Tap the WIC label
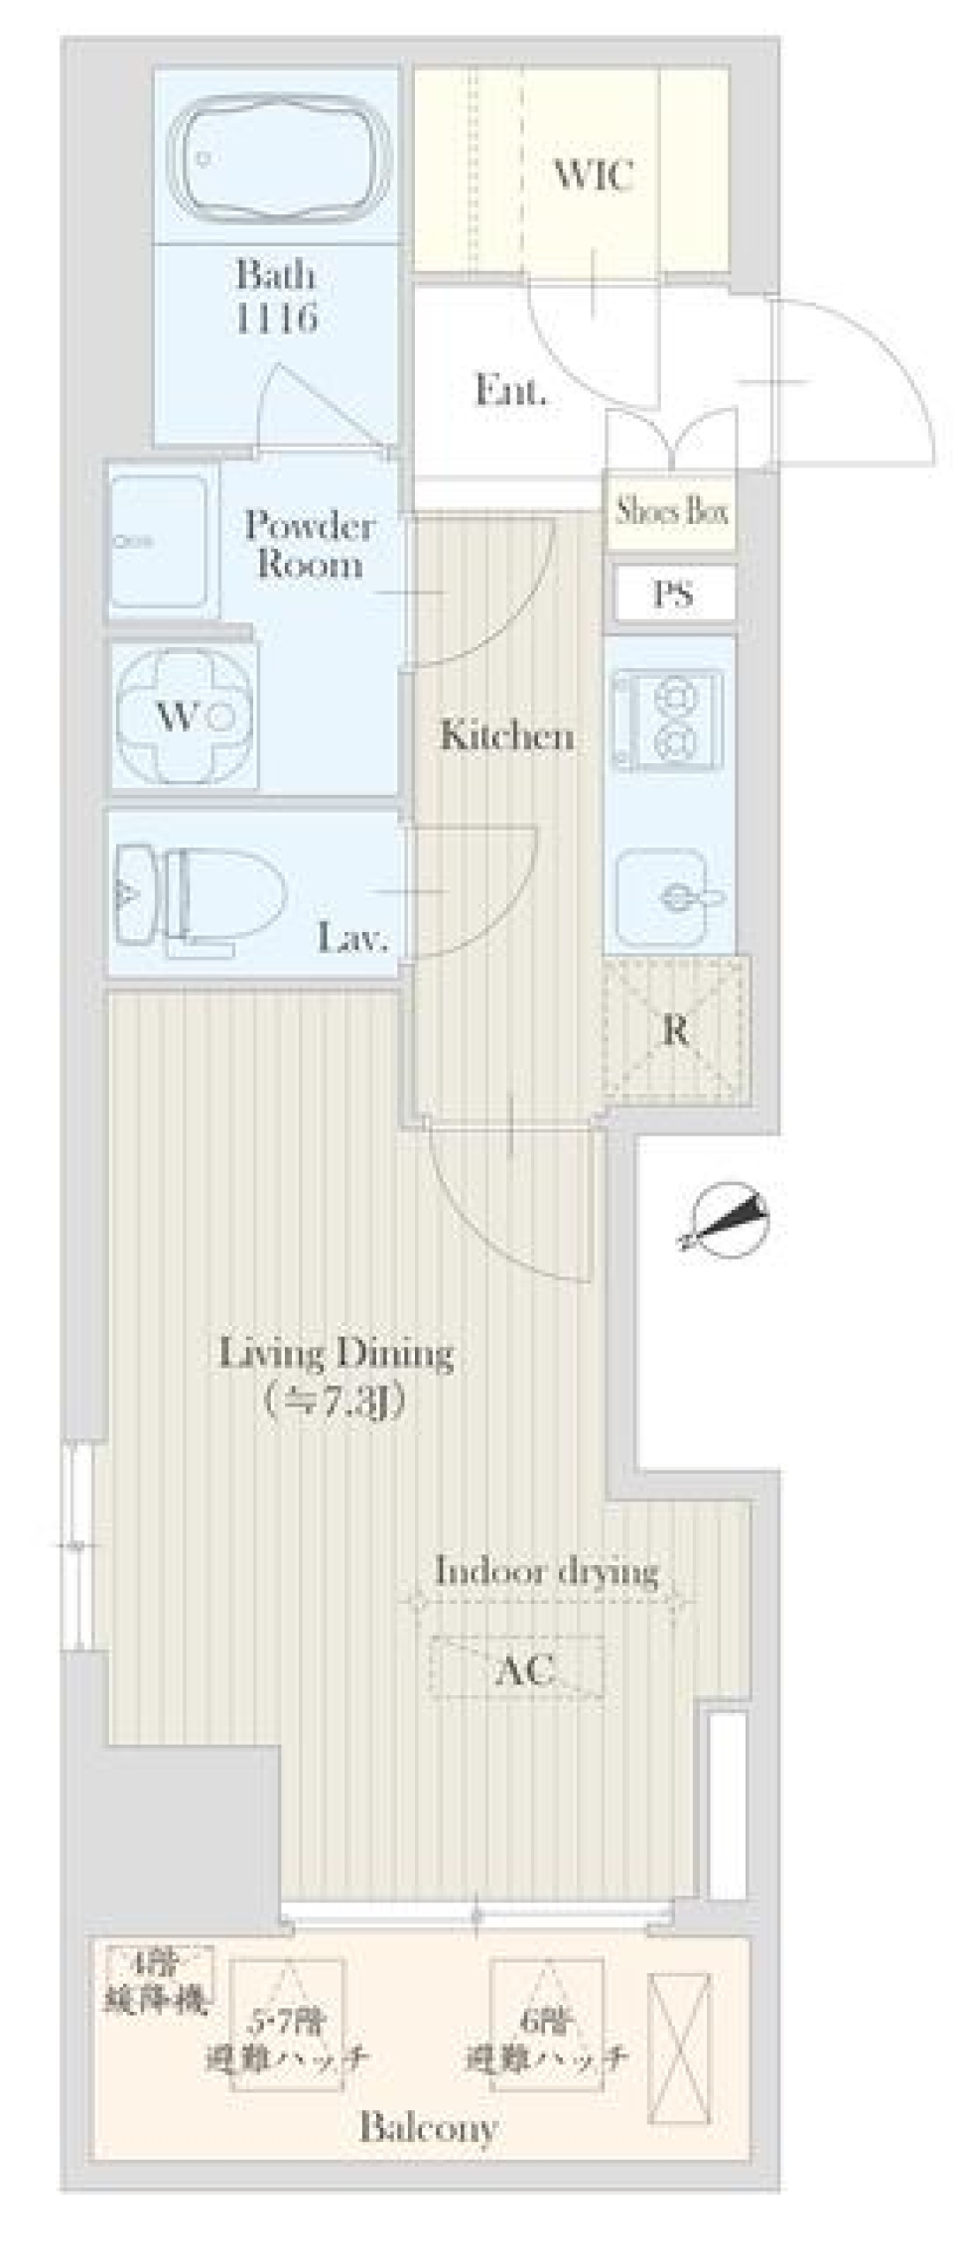593,176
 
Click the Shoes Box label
672,512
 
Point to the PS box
673,595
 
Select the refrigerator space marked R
675,1031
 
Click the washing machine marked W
185,717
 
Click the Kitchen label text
506,736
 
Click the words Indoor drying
547,1571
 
